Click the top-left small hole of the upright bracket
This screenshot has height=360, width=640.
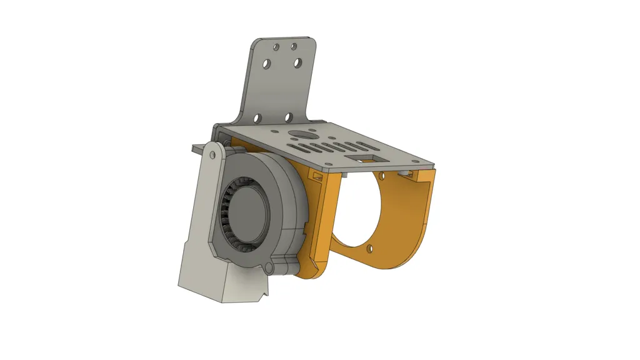[276, 46]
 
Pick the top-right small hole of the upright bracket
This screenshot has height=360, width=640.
[294, 46]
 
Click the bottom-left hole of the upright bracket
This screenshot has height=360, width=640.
[256, 117]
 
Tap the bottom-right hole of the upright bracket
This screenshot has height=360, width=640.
[288, 117]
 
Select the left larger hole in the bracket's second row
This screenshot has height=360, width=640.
[267, 64]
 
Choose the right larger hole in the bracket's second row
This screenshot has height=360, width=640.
[297, 62]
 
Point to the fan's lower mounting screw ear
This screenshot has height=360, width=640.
[270, 268]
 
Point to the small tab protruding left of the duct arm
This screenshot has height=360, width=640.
[196, 147]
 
